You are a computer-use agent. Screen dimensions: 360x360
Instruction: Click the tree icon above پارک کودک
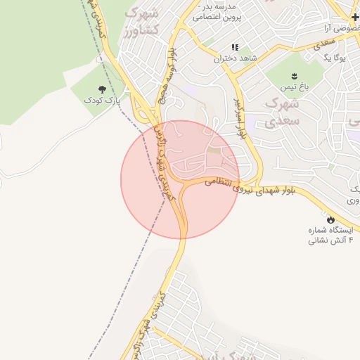[103, 89]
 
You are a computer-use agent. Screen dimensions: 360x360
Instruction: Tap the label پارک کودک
[102, 101]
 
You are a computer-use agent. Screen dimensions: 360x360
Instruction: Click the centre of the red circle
[180, 179]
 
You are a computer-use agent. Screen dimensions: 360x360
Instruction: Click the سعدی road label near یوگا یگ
[324, 42]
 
